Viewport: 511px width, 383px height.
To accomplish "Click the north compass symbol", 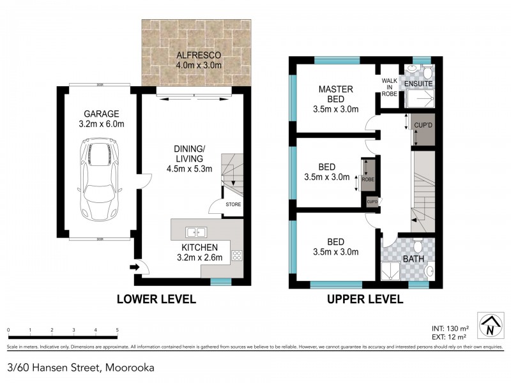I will tap(489, 326).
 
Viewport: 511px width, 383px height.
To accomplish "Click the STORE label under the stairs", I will tap(233, 205).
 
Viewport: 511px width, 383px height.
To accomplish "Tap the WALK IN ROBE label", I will tap(390, 87).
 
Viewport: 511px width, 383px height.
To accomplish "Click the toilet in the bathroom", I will tap(416, 245).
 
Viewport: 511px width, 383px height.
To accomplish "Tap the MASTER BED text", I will tap(337, 94).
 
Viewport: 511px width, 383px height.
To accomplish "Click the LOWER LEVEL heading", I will tap(155, 299).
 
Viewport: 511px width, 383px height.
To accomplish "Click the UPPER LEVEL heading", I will tap(365, 299).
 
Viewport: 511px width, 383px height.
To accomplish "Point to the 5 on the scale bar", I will tap(117, 330).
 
